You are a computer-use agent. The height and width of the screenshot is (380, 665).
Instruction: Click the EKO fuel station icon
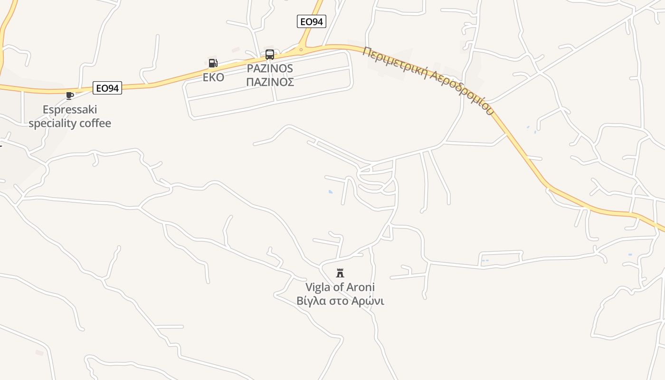[213, 63]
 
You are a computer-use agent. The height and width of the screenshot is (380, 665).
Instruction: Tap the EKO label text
[213, 77]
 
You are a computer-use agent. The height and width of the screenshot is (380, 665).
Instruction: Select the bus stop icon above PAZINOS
[270, 55]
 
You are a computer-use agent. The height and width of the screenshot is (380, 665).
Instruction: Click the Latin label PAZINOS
[270, 68]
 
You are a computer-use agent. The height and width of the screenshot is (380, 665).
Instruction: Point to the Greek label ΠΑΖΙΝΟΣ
[270, 82]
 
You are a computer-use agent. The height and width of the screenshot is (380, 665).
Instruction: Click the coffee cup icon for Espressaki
[70, 95]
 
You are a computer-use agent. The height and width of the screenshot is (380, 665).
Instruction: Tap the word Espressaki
[70, 110]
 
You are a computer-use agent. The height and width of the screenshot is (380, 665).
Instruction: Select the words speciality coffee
[70, 123]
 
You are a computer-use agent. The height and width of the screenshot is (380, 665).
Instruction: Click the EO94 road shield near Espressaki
[107, 88]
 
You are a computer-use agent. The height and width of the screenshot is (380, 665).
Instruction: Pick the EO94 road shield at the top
[312, 21]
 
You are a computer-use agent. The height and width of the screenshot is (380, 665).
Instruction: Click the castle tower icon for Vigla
[340, 273]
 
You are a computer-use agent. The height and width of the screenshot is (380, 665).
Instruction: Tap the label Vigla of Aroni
[340, 287]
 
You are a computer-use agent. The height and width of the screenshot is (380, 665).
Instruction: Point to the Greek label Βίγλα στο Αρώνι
[340, 301]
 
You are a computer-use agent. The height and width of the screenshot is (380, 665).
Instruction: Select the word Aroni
[361, 287]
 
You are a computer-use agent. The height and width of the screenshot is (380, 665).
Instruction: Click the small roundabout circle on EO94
[301, 49]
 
